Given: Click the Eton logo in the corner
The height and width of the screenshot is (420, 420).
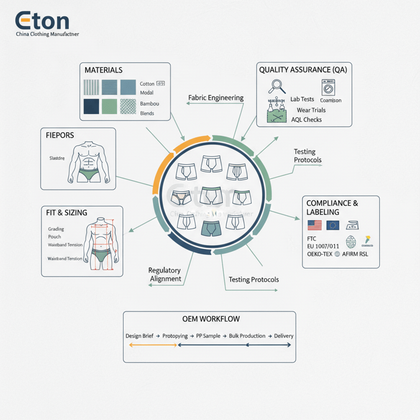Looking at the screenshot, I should point(42,22).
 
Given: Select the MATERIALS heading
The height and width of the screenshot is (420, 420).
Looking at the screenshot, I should point(104,71).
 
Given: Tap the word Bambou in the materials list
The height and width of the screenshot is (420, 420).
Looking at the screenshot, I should point(149,104).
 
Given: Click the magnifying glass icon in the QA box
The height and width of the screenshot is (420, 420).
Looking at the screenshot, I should point(276,86).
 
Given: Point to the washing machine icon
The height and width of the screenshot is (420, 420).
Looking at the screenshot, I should point(329,88).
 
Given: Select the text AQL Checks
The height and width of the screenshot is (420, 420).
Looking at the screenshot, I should point(306,120).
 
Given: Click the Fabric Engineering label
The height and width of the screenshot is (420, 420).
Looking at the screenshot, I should point(216,98).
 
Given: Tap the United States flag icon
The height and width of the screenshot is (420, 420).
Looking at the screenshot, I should point(314,225).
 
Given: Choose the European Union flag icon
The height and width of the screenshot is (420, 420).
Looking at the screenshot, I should point(332,225).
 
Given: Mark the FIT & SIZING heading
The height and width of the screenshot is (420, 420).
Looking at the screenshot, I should point(67,213).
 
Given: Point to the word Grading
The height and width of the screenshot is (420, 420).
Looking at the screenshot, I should point(56,229).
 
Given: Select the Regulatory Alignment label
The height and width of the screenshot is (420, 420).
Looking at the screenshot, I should point(164,275).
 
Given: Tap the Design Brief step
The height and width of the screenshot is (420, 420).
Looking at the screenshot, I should point(140,336).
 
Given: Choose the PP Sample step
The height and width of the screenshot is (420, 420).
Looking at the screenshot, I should point(208,336).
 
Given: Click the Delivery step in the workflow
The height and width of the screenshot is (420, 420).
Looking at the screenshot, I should point(284,336).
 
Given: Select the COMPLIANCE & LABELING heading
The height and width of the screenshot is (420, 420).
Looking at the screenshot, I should point(332,208).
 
